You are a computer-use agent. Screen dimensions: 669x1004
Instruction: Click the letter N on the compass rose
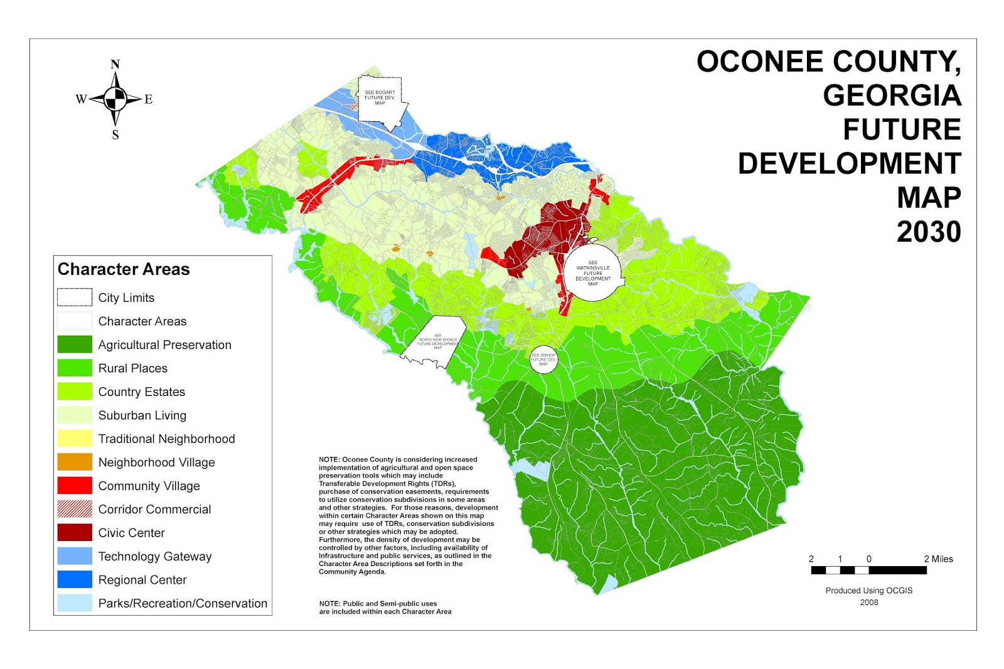[x=115, y=64]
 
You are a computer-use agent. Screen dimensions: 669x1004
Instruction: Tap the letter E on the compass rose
[x=149, y=99]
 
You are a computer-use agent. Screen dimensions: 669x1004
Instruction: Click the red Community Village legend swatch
[x=75, y=486]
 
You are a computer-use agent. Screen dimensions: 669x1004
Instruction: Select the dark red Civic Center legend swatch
[x=75, y=533]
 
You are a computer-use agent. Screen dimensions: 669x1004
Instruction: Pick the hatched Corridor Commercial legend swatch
[x=75, y=509]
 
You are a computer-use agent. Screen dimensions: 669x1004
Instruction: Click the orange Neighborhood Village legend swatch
[x=75, y=462]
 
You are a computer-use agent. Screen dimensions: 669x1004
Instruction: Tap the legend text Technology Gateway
[x=154, y=557]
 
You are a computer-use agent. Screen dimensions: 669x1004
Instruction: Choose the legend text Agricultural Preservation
[x=164, y=345]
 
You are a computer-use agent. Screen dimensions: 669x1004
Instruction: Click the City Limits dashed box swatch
[x=75, y=297]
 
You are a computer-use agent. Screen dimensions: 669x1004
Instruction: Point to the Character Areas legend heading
[x=124, y=269]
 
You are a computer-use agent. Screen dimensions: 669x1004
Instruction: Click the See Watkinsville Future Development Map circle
[x=592, y=274]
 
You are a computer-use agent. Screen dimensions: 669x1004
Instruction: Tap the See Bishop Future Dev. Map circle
[x=543, y=360]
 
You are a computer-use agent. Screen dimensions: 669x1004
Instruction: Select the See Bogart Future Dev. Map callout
[x=380, y=99]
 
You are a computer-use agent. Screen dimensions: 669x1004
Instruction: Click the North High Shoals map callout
[x=437, y=342]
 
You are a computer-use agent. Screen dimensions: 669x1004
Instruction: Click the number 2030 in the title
[x=929, y=232]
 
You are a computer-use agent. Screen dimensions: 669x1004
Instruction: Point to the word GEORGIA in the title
[x=892, y=96]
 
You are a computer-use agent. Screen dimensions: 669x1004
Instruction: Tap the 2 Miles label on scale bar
[x=938, y=559]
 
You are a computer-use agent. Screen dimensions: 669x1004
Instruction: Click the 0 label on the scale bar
[x=869, y=559]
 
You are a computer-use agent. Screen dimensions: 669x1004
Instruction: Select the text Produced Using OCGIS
[x=868, y=591]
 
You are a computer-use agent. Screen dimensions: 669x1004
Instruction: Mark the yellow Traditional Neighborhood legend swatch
[x=75, y=439]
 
